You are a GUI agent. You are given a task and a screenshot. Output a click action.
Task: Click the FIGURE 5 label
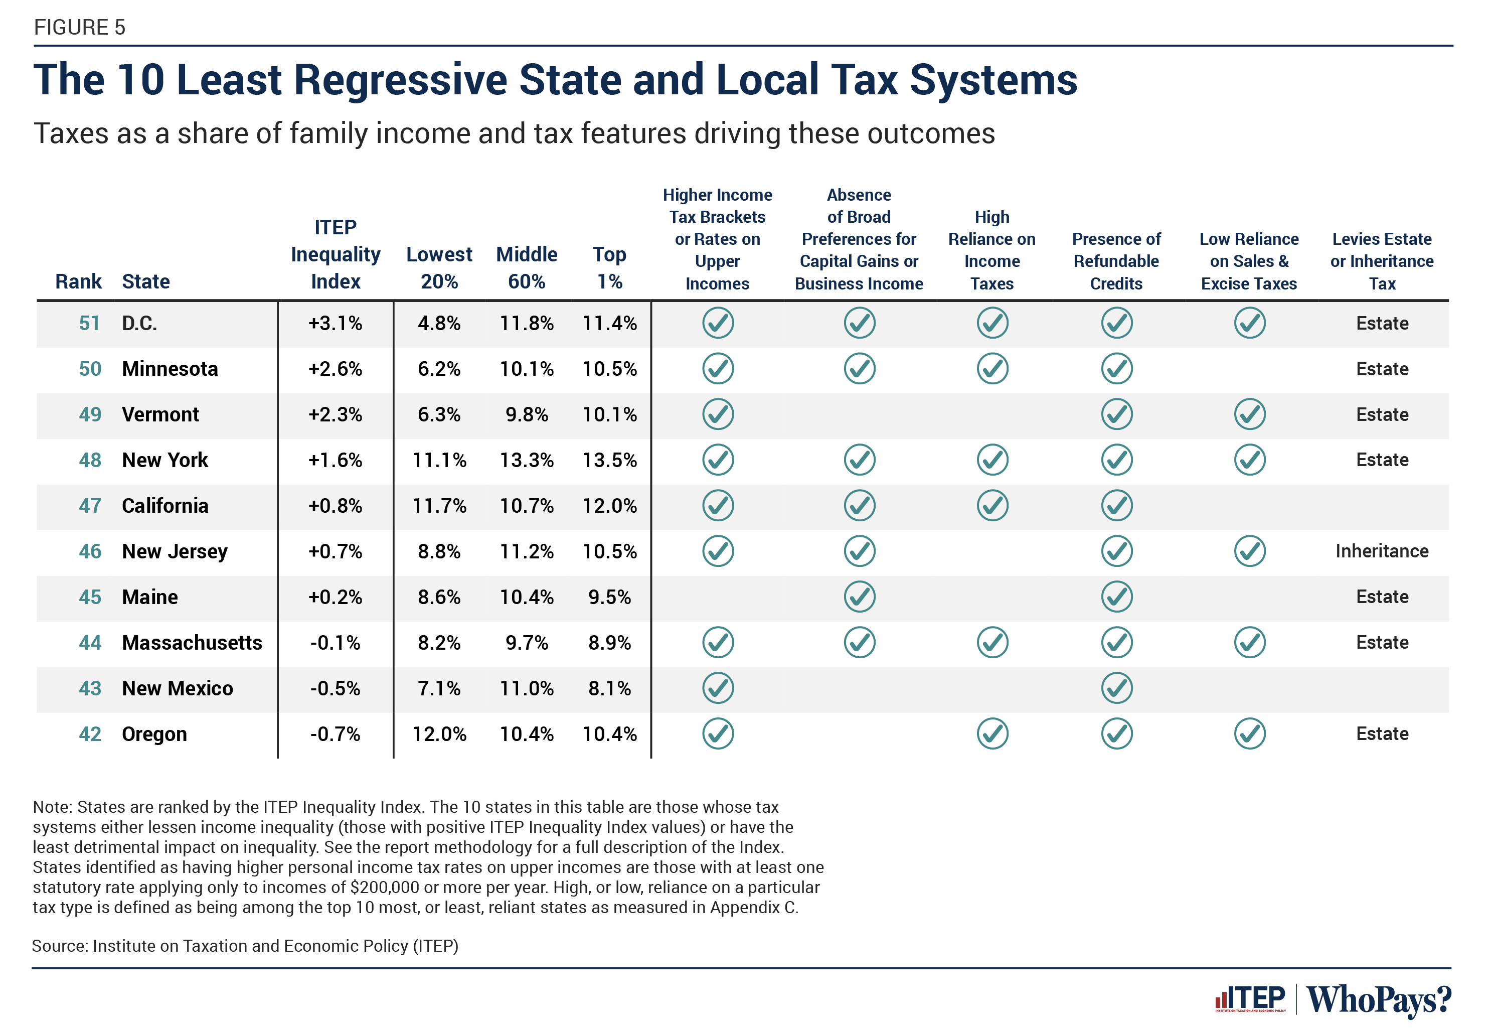(79, 27)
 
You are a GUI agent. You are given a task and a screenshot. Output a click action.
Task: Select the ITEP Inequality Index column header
(335, 254)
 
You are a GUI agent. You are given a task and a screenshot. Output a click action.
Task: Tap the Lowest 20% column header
(439, 267)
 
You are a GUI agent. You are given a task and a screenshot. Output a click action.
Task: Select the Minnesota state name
(170, 369)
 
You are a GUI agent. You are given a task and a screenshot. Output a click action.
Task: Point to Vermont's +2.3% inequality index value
(335, 414)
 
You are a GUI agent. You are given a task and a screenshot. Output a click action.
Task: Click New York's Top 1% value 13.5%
(609, 460)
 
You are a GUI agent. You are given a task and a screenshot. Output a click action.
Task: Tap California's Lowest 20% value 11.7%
(439, 505)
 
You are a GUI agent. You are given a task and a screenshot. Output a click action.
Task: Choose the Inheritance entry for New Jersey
(1381, 551)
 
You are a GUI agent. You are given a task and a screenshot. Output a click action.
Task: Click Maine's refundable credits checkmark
(1116, 597)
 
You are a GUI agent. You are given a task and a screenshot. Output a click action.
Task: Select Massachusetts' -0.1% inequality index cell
(335, 643)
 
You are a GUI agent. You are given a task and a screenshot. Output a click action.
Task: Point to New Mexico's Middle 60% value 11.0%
(526, 689)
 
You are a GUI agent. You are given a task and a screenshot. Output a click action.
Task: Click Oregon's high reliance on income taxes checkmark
(991, 734)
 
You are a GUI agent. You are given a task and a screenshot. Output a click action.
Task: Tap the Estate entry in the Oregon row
(1381, 734)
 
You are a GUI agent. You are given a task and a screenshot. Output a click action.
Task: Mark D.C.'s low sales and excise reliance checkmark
(1249, 323)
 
